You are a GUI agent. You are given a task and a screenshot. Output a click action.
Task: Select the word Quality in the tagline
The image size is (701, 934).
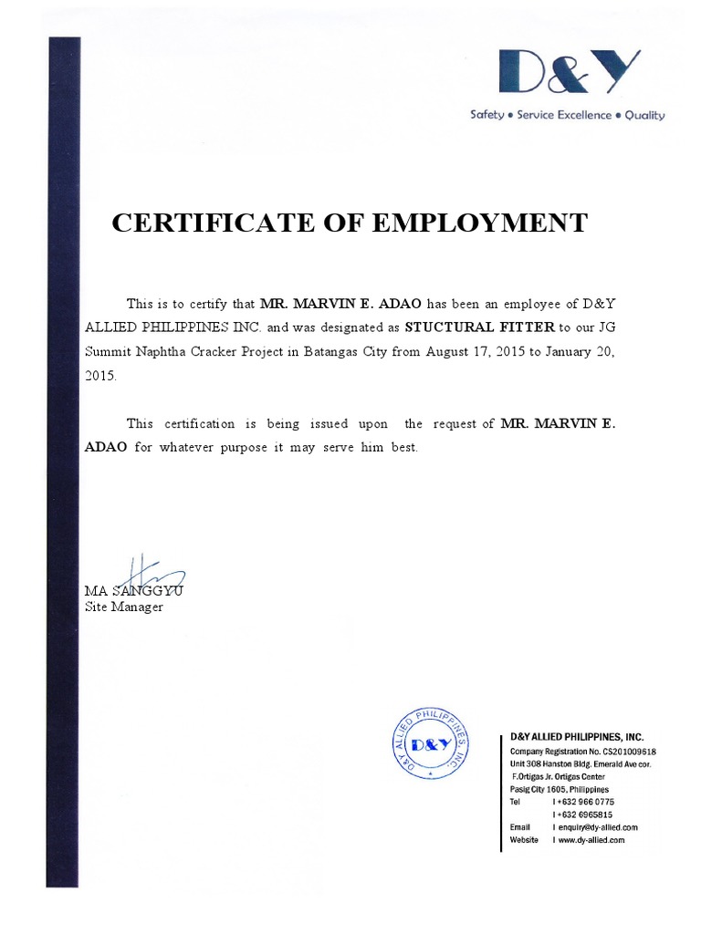point(644,116)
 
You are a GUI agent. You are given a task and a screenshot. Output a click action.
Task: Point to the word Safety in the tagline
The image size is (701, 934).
point(487,116)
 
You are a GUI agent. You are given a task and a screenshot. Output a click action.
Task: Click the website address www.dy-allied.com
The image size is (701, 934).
point(591,840)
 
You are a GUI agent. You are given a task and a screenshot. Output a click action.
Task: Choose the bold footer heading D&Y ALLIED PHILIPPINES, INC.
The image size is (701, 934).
point(576,737)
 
